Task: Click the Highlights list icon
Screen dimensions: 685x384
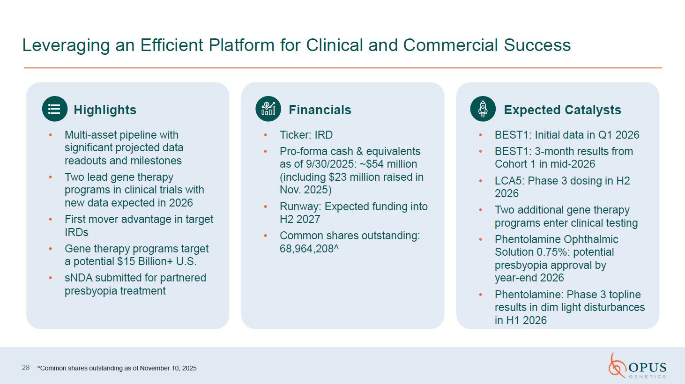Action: pyautogui.click(x=55, y=109)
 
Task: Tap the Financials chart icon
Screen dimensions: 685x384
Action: pyautogui.click(x=268, y=109)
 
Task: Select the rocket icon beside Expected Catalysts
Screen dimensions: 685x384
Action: pyautogui.click(x=483, y=109)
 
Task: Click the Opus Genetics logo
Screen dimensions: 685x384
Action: pyautogui.click(x=637, y=366)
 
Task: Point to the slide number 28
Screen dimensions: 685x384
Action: pyautogui.click(x=26, y=368)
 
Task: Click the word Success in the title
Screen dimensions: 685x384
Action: pyautogui.click(x=537, y=45)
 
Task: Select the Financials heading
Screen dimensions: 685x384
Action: pyautogui.click(x=320, y=110)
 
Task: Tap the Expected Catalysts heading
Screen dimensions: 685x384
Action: pyautogui.click(x=562, y=110)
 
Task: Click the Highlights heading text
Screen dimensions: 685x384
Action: pyautogui.click(x=105, y=110)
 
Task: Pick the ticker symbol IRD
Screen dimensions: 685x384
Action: pyautogui.click(x=324, y=135)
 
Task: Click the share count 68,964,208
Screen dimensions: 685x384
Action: pyautogui.click(x=307, y=249)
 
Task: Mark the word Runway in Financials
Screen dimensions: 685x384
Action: pyautogui.click(x=299, y=207)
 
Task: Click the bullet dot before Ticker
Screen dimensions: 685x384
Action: pyautogui.click(x=266, y=135)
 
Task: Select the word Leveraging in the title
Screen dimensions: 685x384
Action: pyautogui.click(x=66, y=46)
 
